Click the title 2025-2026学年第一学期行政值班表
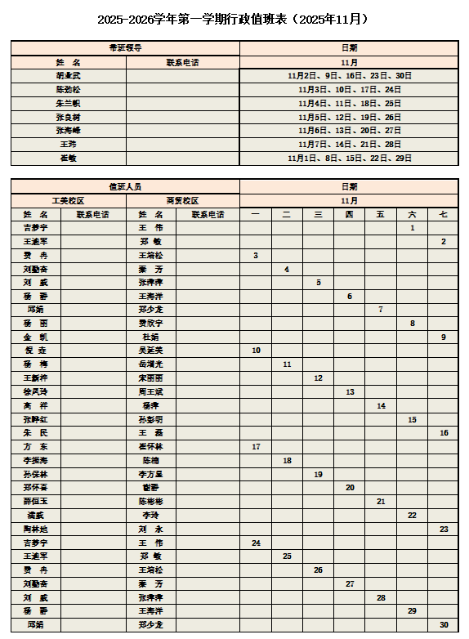pos(234,19)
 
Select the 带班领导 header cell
pos(125,48)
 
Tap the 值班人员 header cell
pos(125,186)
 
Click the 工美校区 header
pos(68,200)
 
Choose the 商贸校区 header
pos(182,200)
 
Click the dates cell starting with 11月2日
pos(349,75)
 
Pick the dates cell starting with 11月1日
pos(349,159)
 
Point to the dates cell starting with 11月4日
pos(349,103)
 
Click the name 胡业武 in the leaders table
pos(68,75)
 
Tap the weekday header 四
pos(349,214)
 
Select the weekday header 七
pos(444,214)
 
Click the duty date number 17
pos(256,447)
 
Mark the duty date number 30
pos(444,625)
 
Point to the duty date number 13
pos(349,392)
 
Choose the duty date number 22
pos(412,516)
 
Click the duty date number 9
pos(444,337)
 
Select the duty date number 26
pos(318,570)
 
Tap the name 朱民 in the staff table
pos(35,433)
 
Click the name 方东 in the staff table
pos(35,447)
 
